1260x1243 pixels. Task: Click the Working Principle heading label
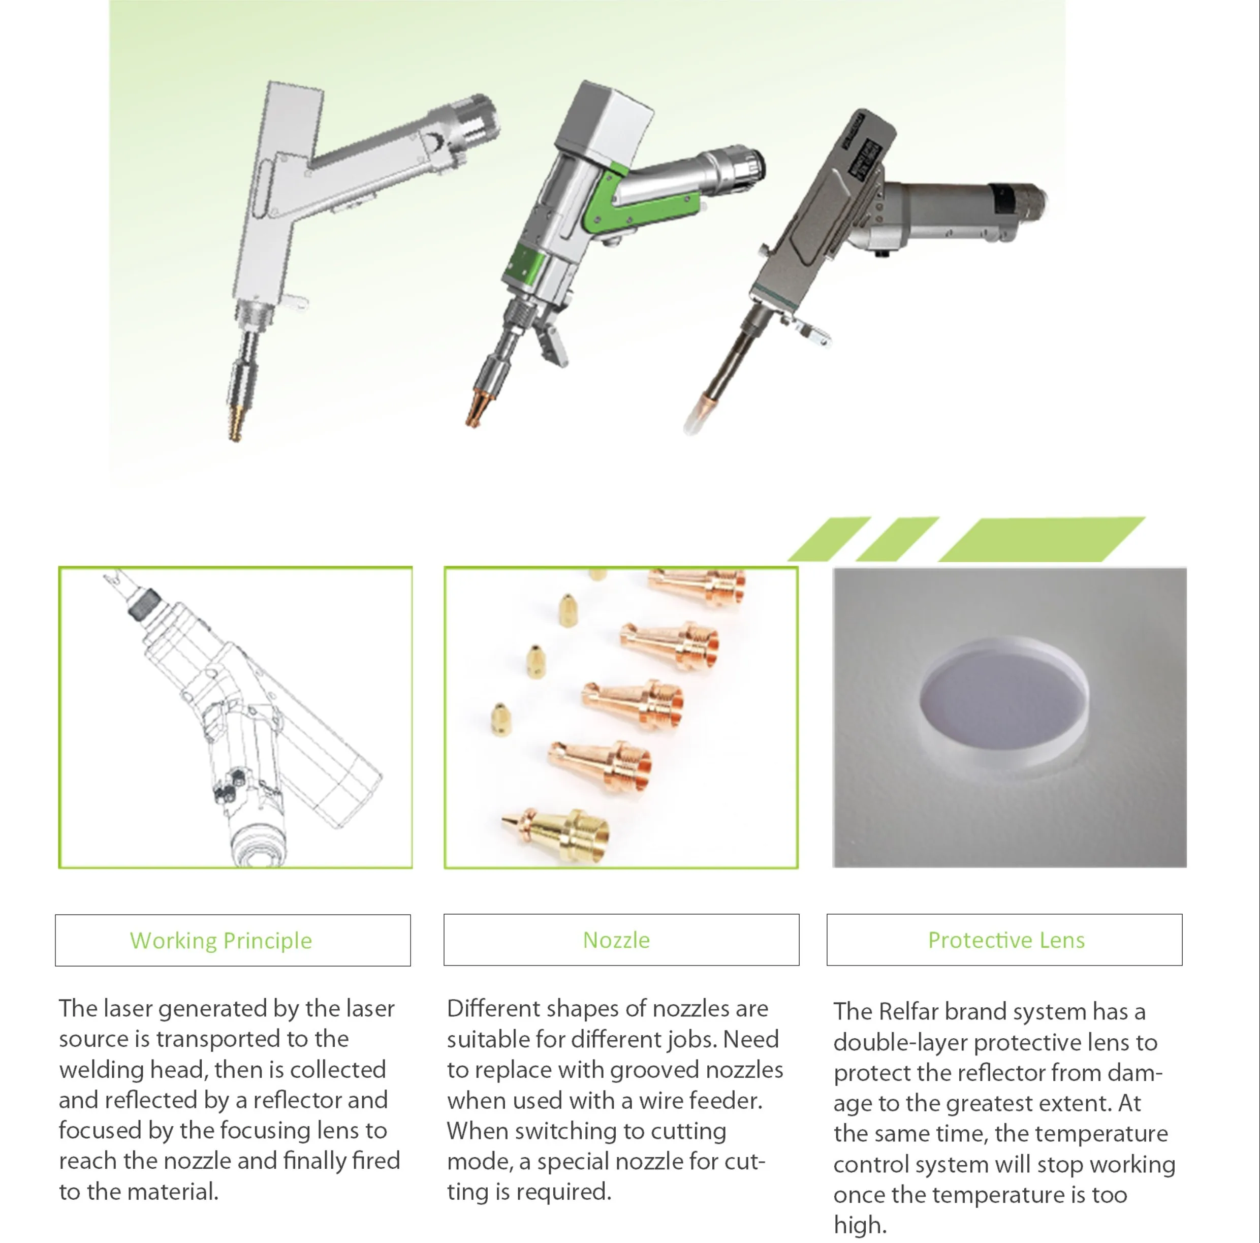(220, 941)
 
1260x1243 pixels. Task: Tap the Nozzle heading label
(616, 940)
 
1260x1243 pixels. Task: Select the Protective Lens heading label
(1006, 940)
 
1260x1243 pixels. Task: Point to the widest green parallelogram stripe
(1042, 539)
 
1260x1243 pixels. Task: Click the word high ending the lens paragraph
(860, 1225)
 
